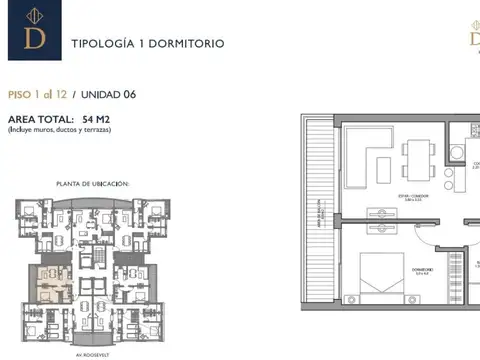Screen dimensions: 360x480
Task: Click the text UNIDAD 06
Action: (109, 95)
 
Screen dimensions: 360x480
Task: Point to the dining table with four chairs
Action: (419, 157)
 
